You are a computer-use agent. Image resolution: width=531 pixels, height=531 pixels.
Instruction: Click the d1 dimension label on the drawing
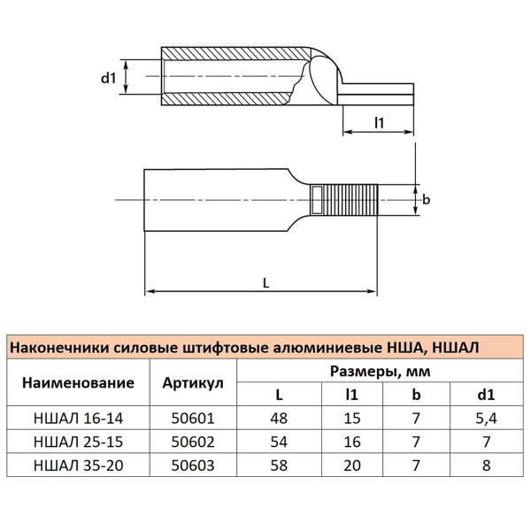[109, 78]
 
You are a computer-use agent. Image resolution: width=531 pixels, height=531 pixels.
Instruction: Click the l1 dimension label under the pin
[379, 123]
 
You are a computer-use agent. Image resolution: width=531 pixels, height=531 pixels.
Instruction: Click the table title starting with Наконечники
[243, 349]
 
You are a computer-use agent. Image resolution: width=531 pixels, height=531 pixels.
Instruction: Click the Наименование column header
[78, 383]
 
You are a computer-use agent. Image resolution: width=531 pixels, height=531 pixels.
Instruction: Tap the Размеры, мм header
[380, 372]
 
